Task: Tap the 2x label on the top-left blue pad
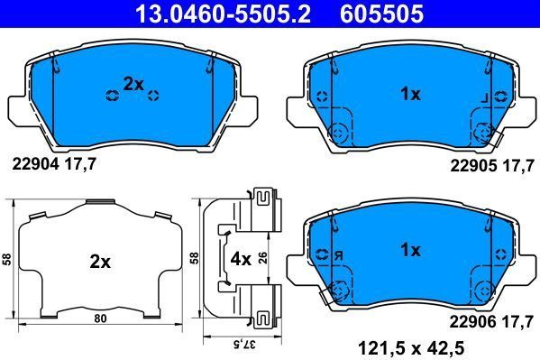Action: pyautogui.click(x=133, y=84)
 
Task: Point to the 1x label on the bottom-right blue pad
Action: pyautogui.click(x=411, y=250)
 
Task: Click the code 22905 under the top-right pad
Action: pyautogui.click(x=471, y=165)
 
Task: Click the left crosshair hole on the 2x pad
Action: pyautogui.click(x=112, y=95)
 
